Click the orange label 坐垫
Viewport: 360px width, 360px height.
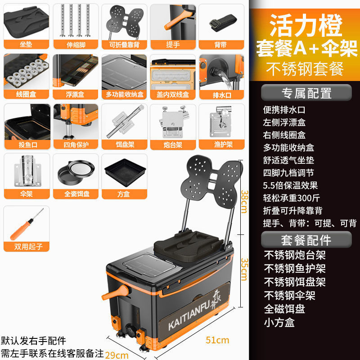[25, 45]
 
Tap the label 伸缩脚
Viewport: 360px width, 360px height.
[74, 45]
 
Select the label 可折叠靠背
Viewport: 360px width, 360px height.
[123, 45]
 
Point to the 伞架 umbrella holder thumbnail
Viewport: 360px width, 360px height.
[25, 171]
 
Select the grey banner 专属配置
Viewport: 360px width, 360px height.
[306, 93]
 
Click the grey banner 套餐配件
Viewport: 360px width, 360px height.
[306, 239]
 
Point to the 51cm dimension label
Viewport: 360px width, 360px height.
[217, 340]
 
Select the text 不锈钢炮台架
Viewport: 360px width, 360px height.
[294, 255]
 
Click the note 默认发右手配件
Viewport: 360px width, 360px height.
[33, 341]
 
